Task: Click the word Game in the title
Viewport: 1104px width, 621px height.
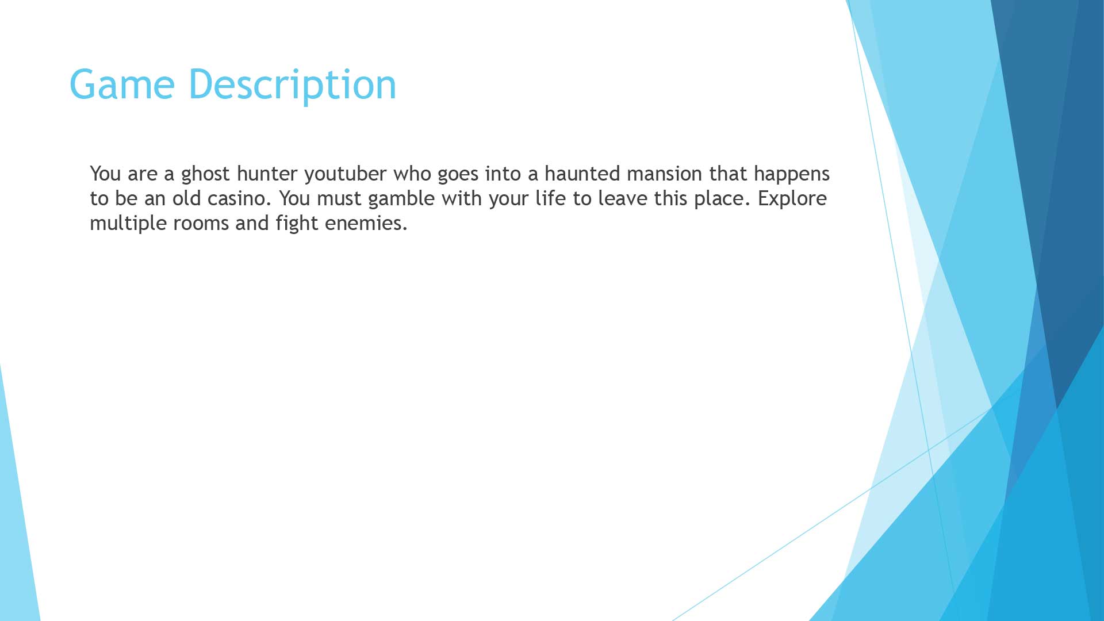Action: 122,85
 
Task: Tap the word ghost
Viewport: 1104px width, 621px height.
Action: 205,174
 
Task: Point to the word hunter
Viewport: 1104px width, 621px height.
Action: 267,174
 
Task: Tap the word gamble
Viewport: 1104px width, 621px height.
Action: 401,198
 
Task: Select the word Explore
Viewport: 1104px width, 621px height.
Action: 792,198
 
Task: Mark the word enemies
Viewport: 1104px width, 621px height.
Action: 366,223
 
